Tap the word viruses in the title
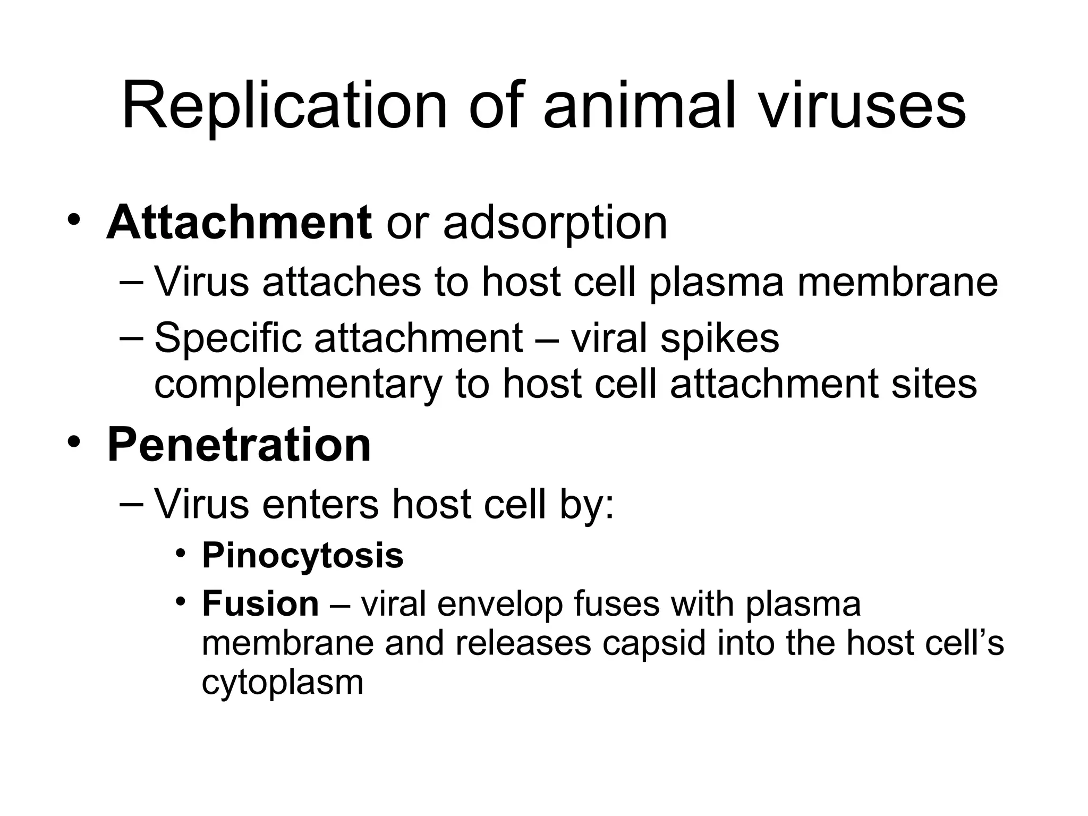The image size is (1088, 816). point(861,106)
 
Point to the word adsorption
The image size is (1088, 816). point(555,223)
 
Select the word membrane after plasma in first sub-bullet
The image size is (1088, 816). point(897,282)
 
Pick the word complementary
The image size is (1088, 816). point(298,384)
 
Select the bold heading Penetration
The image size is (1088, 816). point(239,445)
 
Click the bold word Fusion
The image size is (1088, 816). point(260,604)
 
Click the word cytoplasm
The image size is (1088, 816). point(283,683)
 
